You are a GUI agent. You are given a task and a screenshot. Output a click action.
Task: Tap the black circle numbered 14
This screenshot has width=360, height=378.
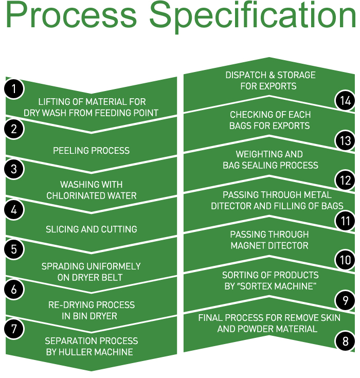coord(345,100)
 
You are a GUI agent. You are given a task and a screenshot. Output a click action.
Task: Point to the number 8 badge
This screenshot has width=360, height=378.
coord(345,340)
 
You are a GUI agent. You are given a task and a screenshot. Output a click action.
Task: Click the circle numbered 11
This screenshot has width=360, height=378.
coord(345,221)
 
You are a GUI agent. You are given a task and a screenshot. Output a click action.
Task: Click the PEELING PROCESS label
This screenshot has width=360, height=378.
coord(92,151)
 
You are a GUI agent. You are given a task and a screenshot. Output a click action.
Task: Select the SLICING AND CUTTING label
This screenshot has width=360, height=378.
coord(92,229)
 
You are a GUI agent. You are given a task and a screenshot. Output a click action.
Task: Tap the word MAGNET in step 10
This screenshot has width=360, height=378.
coord(249,246)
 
